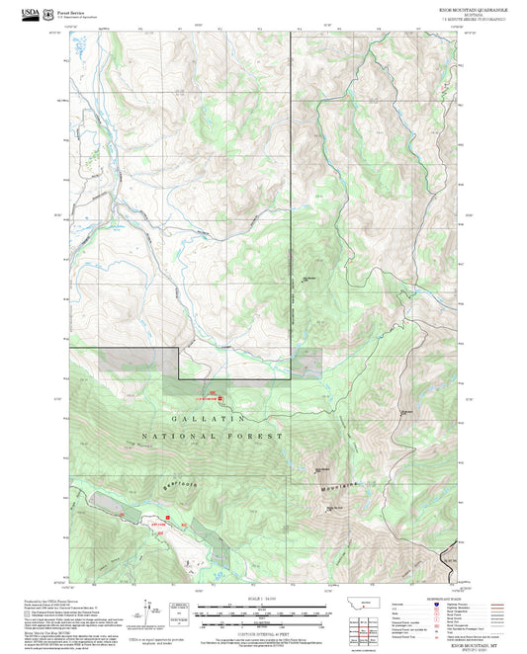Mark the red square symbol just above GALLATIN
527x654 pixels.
coord(220,398)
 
